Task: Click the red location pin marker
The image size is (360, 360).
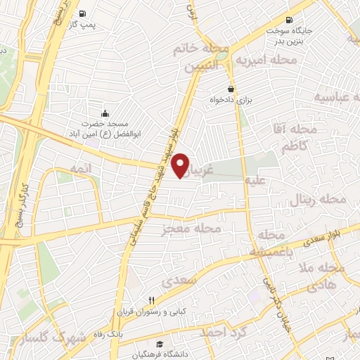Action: tap(181, 165)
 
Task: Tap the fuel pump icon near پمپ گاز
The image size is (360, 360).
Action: tap(84, 13)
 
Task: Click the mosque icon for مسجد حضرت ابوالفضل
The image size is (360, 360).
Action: tap(105, 113)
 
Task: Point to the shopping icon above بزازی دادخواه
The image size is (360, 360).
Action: tap(231, 89)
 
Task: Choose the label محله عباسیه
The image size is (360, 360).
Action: tap(336, 97)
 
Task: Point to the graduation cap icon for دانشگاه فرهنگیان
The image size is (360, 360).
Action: tap(160, 345)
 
